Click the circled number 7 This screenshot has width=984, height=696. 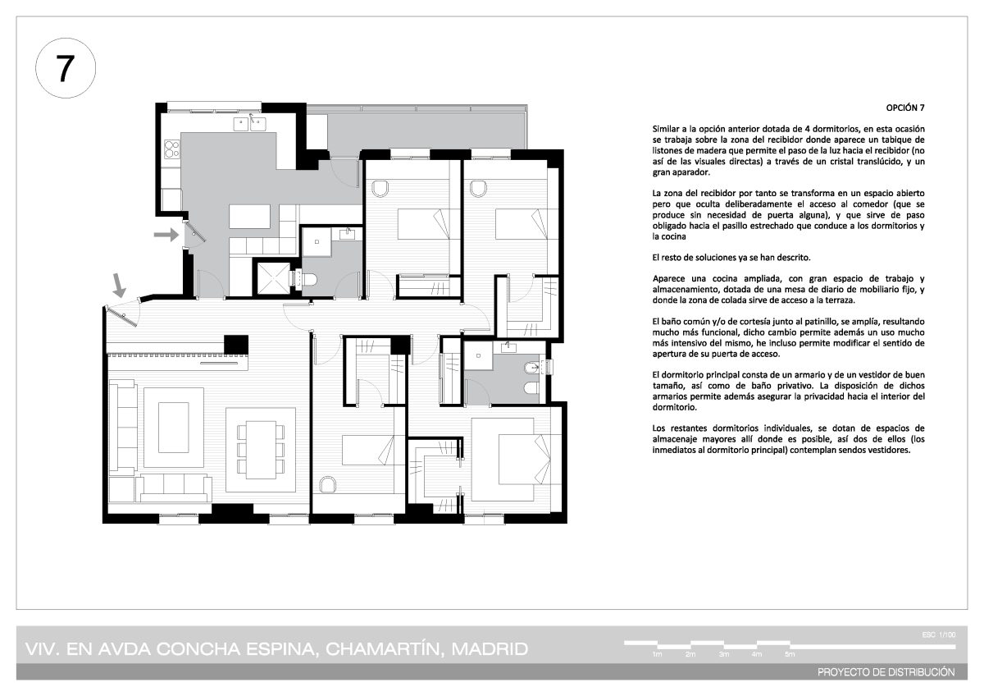[65, 68]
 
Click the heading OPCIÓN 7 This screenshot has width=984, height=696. [905, 108]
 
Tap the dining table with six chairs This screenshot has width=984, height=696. [261, 449]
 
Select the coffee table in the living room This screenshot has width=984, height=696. [174, 428]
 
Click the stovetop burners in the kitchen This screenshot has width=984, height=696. [171, 149]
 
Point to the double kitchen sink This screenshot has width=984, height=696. [249, 124]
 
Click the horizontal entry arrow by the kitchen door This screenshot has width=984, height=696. [166, 235]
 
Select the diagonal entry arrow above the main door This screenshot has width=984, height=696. [119, 286]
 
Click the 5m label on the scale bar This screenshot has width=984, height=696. [790, 654]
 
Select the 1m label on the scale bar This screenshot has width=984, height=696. [657, 654]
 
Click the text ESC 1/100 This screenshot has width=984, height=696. [939, 634]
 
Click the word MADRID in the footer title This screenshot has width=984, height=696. [490, 649]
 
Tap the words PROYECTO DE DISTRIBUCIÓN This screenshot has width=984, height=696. [886, 672]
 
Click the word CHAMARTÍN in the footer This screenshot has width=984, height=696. [383, 649]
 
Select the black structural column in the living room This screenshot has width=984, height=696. [236, 344]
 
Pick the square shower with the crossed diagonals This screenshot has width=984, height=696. [273, 278]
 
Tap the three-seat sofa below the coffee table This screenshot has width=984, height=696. [174, 488]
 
